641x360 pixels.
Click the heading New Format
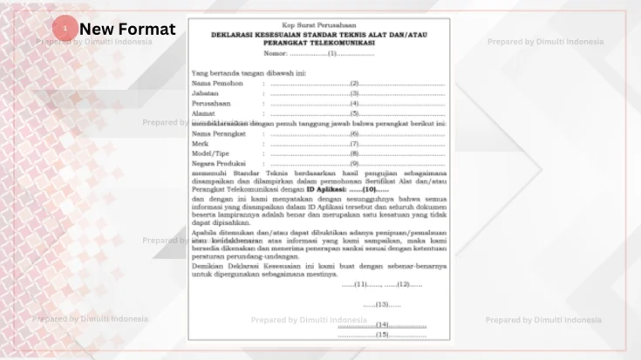[127, 30]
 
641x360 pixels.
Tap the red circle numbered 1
[65, 29]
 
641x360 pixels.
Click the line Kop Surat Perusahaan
[317, 24]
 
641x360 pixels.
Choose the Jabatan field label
[206, 93]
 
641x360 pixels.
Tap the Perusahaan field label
[211, 103]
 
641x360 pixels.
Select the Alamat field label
[204, 113]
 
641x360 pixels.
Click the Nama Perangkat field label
[218, 134]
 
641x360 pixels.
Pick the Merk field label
[200, 144]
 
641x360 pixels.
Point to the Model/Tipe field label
[210, 153]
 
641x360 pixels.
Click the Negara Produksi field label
[217, 164]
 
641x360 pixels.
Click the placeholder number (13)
[382, 304]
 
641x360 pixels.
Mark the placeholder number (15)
[382, 335]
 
